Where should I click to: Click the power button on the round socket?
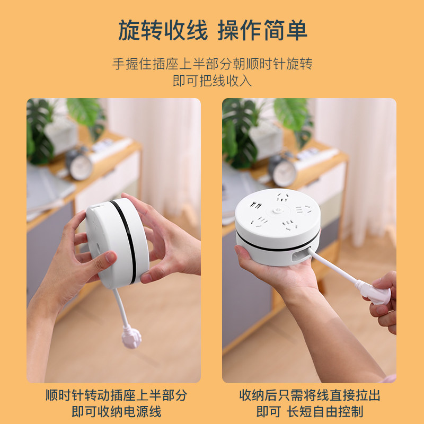pyautogui.click(x=277, y=210)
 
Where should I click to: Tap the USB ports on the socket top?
pyautogui.click(x=255, y=205)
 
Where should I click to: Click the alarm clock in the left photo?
pyautogui.click(x=79, y=164)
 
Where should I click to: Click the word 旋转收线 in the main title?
pyautogui.click(x=163, y=30)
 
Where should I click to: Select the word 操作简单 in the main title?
pyautogui.click(x=262, y=30)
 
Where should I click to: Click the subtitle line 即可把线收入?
pyautogui.click(x=213, y=81)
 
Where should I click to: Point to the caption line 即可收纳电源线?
pyautogui.click(x=117, y=412)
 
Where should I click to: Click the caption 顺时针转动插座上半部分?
pyautogui.click(x=117, y=395)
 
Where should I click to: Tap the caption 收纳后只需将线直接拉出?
pyautogui.click(x=310, y=395)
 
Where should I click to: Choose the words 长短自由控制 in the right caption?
pyautogui.click(x=325, y=412)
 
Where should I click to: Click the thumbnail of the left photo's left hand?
pyautogui.click(x=110, y=257)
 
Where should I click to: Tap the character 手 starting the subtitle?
pyautogui.click(x=119, y=64)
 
